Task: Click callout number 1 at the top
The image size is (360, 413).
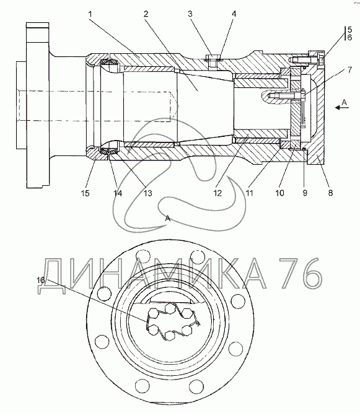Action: tap(90, 14)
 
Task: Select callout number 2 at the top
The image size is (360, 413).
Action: tap(146, 14)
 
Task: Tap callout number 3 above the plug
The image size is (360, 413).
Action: tap(190, 14)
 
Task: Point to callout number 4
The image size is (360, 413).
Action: tap(234, 14)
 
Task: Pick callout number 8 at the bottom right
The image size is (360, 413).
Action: tap(330, 193)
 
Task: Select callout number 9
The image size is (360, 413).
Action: tap(305, 193)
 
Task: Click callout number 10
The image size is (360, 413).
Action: tap(280, 193)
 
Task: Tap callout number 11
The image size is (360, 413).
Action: tap(249, 193)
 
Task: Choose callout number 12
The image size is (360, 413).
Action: tap(217, 193)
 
